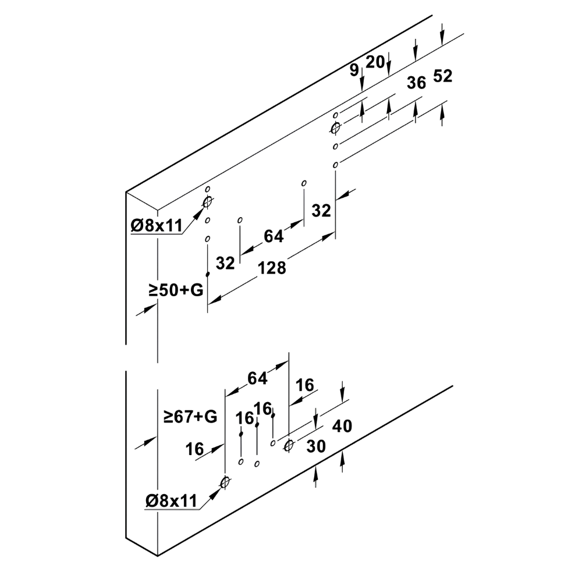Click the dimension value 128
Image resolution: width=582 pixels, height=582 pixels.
coord(272,268)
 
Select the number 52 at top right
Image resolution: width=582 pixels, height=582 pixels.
coord(442,76)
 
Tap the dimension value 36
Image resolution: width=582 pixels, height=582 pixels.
coord(416,83)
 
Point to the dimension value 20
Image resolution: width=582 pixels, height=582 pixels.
coord(375,62)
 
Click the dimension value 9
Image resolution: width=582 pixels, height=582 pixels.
coord(354,70)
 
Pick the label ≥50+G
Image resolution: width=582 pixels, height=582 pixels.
coord(176,290)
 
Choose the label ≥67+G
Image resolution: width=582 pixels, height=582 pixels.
coord(190,417)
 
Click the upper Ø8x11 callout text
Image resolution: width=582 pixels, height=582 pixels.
coord(157,226)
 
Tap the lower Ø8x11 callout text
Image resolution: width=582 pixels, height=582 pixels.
coord(171,501)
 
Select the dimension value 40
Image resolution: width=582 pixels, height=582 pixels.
coord(342,426)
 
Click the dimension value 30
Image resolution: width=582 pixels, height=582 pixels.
coord(316,446)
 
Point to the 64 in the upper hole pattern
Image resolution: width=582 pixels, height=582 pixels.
coord(274,236)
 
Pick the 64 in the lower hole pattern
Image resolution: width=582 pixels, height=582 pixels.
coord(258,378)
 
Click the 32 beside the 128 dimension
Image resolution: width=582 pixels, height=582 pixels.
coord(225,263)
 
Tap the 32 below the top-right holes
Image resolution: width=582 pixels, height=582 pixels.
coord(321,211)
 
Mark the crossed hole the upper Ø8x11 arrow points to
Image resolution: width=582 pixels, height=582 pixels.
coord(208,202)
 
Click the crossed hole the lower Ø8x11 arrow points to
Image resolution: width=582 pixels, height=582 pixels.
coord(225,482)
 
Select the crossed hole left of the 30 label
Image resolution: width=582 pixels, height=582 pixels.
coord(289,445)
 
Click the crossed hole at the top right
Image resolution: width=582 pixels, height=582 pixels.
coord(336,129)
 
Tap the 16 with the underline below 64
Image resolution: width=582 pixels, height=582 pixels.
coord(305,385)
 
